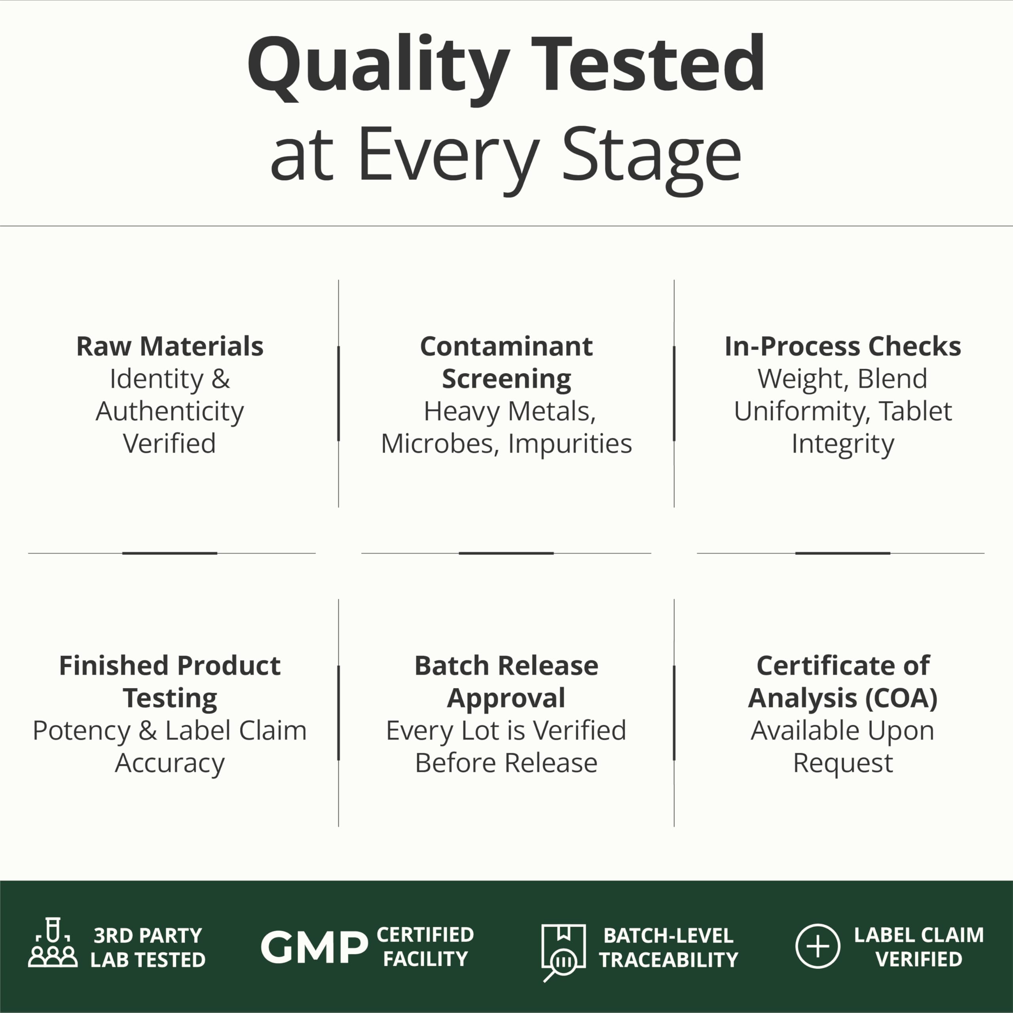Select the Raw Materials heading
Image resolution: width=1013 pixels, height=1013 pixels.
coord(170,346)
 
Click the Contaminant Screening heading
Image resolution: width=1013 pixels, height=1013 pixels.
coord(506,362)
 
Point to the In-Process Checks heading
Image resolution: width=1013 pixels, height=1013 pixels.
coord(842,346)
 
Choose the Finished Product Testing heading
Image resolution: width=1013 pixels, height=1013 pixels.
coord(170,682)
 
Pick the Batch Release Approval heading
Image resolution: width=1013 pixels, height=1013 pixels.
coord(506,682)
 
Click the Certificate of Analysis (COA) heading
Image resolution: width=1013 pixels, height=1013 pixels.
coord(842,682)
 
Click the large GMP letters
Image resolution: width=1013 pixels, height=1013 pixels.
coord(314,947)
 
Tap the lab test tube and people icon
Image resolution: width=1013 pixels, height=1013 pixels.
coord(53,942)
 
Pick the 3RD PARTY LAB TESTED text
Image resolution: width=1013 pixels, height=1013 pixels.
coord(148,947)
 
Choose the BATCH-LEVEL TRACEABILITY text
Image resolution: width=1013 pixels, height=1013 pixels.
coord(668,947)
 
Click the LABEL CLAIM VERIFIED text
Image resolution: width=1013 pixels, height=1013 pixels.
coord(918,947)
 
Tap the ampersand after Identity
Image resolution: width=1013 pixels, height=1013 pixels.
coord(221,379)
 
